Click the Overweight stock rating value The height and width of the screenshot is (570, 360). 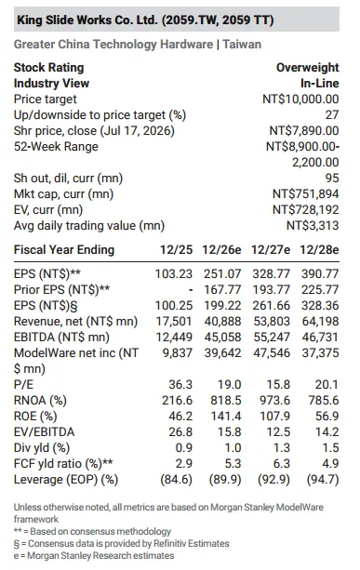click(x=307, y=68)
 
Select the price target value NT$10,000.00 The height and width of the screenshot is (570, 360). click(x=300, y=99)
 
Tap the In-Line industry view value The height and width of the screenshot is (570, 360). click(x=320, y=84)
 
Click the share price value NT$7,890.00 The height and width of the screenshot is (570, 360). click(x=304, y=130)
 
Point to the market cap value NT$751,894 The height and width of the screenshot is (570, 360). click(x=305, y=193)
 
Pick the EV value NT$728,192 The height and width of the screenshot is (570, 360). click(x=305, y=210)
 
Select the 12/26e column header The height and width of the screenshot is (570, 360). click(x=221, y=250)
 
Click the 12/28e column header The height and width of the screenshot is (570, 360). click(x=319, y=250)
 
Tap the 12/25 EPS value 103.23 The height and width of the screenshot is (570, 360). click(x=174, y=273)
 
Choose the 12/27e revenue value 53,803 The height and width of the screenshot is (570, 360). click(x=272, y=322)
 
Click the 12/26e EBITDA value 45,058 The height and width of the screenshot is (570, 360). click(x=222, y=337)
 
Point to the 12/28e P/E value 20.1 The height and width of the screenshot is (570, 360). click(x=327, y=385)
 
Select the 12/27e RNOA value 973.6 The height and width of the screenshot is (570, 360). click(x=275, y=400)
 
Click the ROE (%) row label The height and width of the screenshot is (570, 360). click(x=35, y=417)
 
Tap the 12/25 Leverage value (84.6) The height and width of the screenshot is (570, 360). click(x=177, y=480)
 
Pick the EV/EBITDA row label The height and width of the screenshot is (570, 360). click(x=44, y=431)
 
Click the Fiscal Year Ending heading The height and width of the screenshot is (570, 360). click(x=64, y=250)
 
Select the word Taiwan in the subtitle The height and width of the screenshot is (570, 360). click(x=242, y=45)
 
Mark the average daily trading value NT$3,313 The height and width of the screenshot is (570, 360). click(x=313, y=226)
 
